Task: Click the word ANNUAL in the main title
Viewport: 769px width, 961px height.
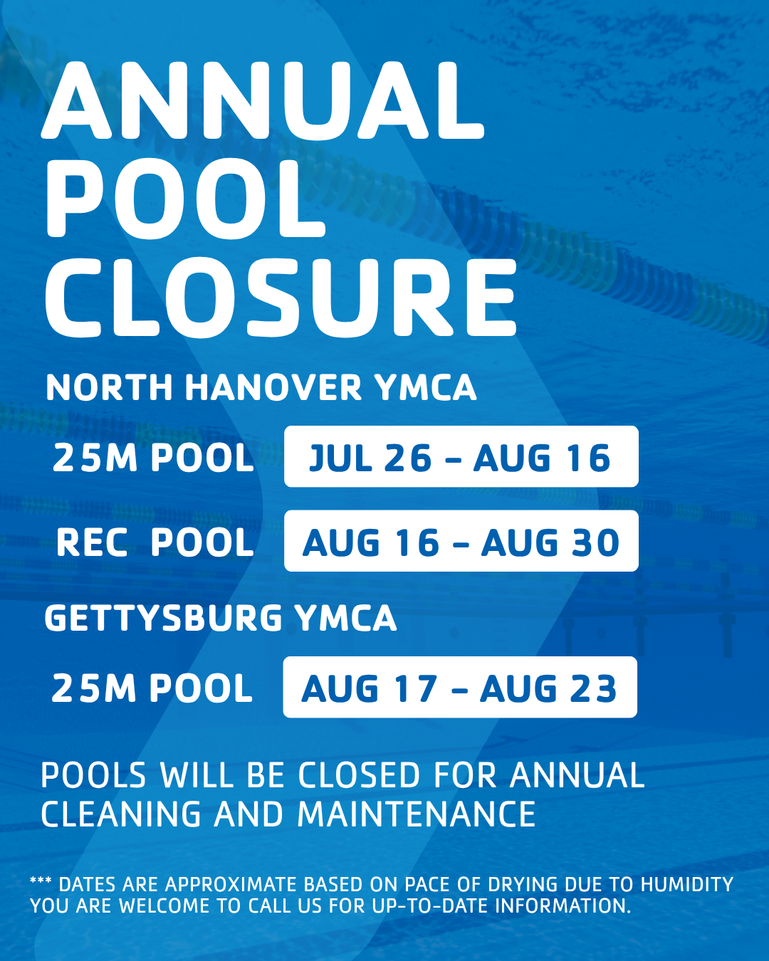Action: pos(263,100)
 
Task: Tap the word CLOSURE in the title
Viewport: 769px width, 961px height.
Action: pos(281,298)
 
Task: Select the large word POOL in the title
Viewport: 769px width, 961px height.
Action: pos(185,199)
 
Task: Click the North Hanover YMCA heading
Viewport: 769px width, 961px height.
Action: pos(261,387)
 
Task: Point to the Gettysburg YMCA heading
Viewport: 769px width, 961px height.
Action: pos(220,618)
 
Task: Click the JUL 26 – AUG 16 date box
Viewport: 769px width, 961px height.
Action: pos(461,456)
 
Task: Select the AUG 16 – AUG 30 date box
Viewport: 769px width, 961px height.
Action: pos(461,541)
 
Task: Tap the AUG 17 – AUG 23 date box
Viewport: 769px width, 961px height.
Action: pos(460,687)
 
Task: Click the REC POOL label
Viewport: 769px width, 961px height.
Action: pos(155,542)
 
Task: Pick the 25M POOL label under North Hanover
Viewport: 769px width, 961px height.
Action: pos(153,458)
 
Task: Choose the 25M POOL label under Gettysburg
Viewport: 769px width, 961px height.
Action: pos(152,688)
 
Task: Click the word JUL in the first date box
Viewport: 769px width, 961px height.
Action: pos(340,458)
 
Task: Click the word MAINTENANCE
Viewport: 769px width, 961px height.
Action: pos(417,814)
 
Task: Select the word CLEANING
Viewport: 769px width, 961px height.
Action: pos(121,814)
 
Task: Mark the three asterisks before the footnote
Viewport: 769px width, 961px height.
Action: pos(41,881)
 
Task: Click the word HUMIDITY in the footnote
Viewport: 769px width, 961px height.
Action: pos(687,884)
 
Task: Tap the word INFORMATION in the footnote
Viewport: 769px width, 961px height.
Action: pos(563,905)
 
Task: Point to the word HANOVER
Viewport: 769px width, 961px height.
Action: pos(273,387)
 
